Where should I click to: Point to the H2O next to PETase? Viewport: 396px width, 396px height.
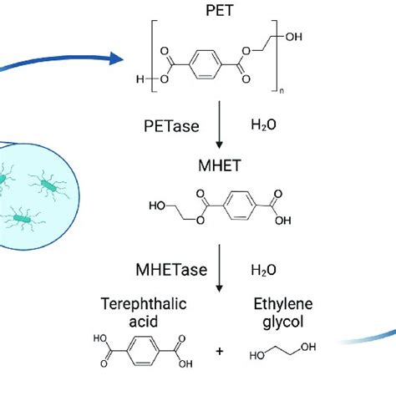pos(264,125)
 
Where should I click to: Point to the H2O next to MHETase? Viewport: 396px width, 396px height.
pos(264,271)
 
